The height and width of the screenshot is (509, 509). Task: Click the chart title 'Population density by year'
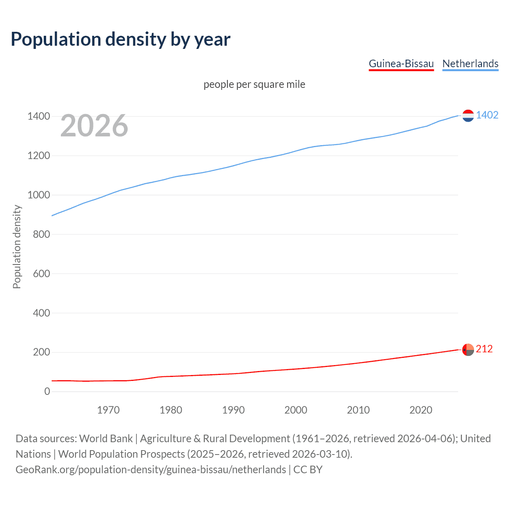point(120,39)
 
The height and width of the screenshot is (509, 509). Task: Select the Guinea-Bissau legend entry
point(401,64)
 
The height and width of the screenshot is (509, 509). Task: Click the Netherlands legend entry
point(470,64)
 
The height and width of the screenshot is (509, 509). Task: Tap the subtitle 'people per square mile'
point(254,84)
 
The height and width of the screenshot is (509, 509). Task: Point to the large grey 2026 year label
point(94,126)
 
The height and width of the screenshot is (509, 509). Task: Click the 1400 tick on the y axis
point(39,117)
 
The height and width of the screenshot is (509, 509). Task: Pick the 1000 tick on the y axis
point(39,195)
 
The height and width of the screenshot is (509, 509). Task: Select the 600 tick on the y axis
point(41,274)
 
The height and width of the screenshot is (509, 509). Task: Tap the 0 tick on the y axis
point(47,392)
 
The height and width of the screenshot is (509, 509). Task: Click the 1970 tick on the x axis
point(108,410)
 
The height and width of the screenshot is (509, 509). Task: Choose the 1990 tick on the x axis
point(233,410)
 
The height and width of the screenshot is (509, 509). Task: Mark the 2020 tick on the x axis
point(421,410)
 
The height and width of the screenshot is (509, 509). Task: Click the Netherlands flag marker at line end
point(468,115)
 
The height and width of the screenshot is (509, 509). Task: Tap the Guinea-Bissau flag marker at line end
point(468,350)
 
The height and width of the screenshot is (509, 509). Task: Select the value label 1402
point(487,115)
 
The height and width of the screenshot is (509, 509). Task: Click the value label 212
point(484,349)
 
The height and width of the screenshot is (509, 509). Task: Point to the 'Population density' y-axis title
point(17,247)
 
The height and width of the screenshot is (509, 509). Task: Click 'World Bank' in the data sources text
point(106,439)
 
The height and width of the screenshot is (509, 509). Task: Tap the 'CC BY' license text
point(308,470)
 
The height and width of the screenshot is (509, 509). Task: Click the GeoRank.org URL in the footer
point(150,470)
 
